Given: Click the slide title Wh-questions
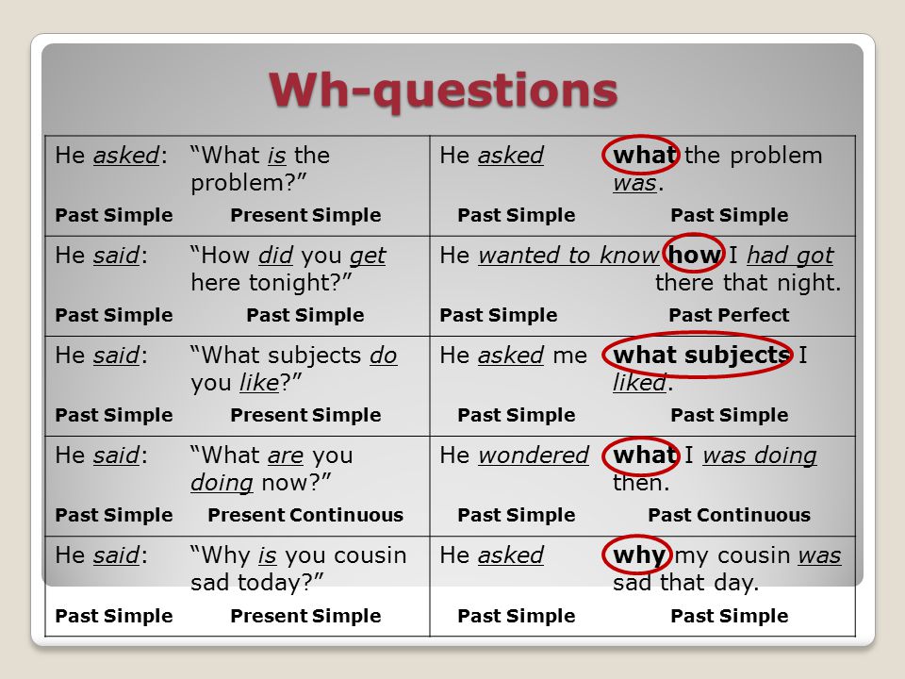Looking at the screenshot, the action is pyautogui.click(x=443, y=91).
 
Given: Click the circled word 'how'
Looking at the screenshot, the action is pyautogui.click(x=695, y=255).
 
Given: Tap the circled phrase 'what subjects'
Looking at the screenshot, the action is pyautogui.click(x=701, y=355).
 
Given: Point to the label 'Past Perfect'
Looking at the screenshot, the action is pyautogui.click(x=729, y=315).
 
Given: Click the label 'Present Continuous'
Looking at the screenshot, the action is pyautogui.click(x=305, y=515).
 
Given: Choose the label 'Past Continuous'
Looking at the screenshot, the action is pyautogui.click(x=729, y=515).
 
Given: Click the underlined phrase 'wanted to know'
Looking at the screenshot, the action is pyautogui.click(x=568, y=256).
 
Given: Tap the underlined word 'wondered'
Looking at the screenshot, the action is pyautogui.click(x=534, y=455).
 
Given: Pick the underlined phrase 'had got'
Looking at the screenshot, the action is pyautogui.click(x=790, y=256).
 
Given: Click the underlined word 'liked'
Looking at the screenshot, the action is pyautogui.click(x=639, y=382).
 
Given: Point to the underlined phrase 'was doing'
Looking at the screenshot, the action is pyautogui.click(x=760, y=455).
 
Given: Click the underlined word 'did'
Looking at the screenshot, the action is pyautogui.click(x=275, y=256).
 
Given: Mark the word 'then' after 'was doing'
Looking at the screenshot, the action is pyautogui.click(x=636, y=483).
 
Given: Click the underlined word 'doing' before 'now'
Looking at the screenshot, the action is pyautogui.click(x=222, y=483).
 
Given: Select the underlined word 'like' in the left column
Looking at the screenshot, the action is pyautogui.click(x=259, y=382).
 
